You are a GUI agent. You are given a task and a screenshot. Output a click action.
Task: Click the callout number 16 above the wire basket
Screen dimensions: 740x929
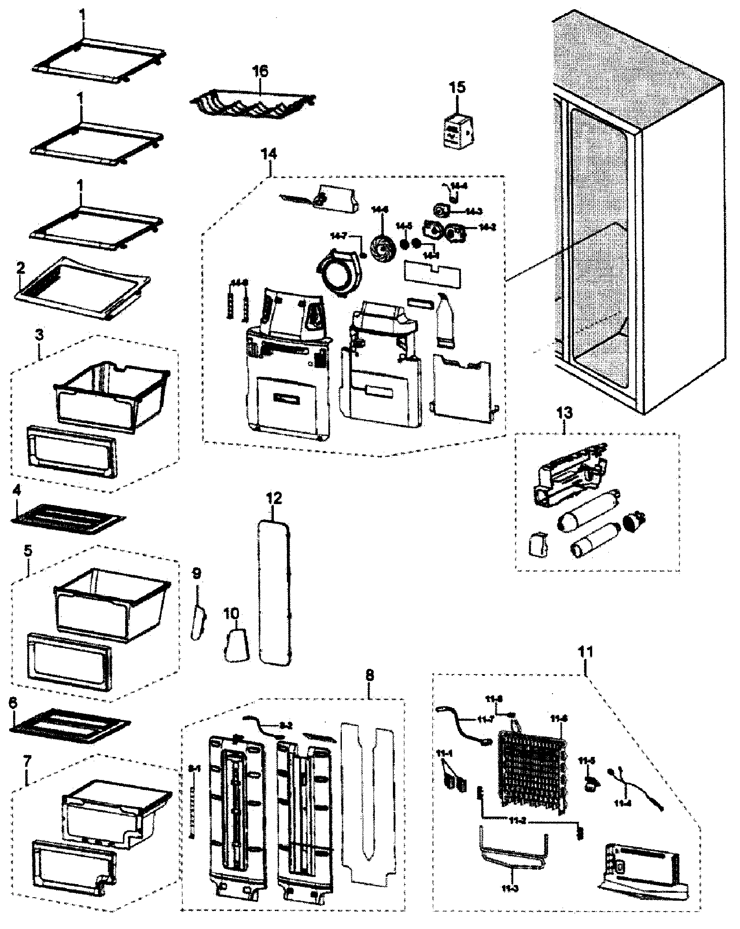point(262,71)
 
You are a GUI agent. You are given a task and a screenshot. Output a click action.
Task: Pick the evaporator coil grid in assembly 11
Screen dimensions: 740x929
point(532,769)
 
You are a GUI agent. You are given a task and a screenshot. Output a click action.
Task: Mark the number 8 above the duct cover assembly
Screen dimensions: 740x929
point(369,688)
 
